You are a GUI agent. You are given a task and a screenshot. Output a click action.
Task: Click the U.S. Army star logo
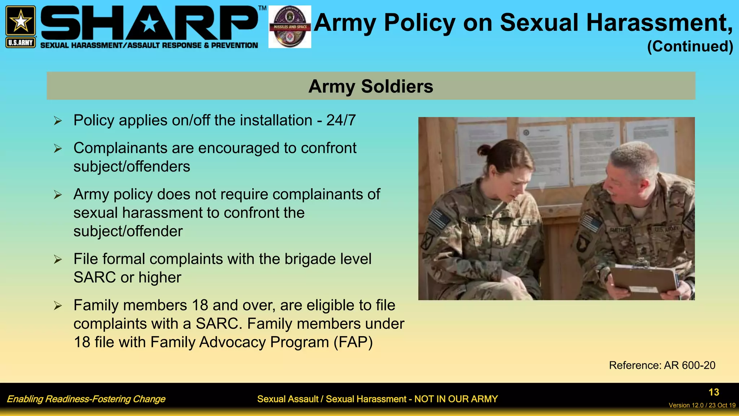pyautogui.click(x=21, y=21)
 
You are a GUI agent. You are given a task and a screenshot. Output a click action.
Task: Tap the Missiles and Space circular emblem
pyautogui.click(x=290, y=27)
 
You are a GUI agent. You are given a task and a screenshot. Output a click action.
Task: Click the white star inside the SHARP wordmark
pyautogui.click(x=149, y=24)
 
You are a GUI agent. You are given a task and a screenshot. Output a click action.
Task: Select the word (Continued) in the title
pyautogui.click(x=690, y=46)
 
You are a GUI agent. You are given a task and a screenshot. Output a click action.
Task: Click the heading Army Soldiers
pyautogui.click(x=371, y=86)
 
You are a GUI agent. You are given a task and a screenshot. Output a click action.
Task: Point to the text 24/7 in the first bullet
pyautogui.click(x=341, y=120)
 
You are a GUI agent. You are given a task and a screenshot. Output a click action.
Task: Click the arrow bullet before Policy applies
pyautogui.click(x=58, y=121)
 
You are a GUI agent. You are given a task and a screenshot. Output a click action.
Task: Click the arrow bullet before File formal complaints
pyautogui.click(x=58, y=259)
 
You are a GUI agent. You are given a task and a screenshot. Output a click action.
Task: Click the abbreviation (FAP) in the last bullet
pyautogui.click(x=353, y=342)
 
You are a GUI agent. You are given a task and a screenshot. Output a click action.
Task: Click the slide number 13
pyautogui.click(x=713, y=392)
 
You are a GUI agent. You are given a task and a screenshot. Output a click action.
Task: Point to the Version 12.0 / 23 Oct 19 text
pyautogui.click(x=702, y=405)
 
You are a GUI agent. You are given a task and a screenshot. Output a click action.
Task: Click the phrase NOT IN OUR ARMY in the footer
pyautogui.click(x=456, y=399)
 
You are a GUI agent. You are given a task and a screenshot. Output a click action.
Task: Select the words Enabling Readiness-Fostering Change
pyautogui.click(x=86, y=399)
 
